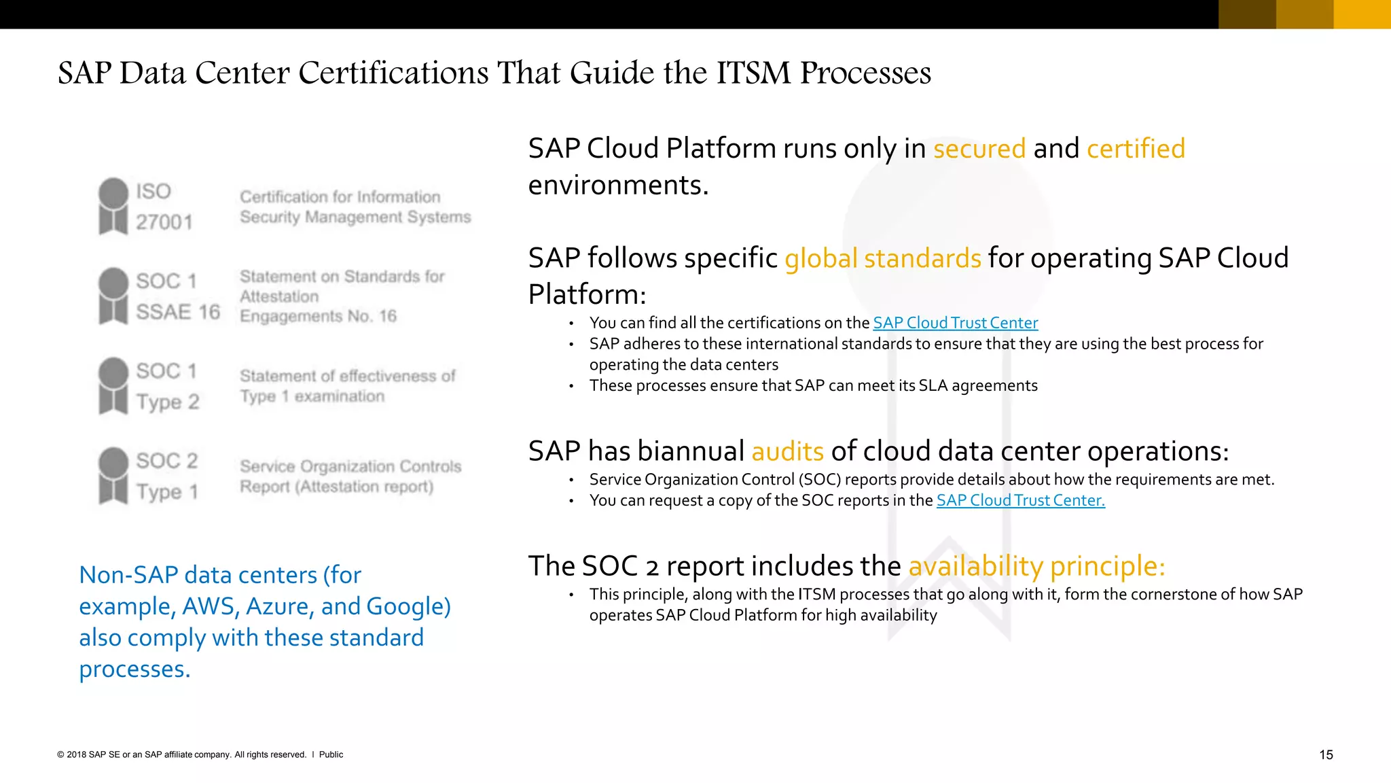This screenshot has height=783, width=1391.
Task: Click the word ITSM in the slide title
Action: click(753, 73)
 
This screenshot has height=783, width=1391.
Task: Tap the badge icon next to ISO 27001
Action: click(113, 206)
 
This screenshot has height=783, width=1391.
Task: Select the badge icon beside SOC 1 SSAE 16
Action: click(113, 296)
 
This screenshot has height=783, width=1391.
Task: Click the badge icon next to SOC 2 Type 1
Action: click(113, 475)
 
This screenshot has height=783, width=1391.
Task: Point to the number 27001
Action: click(164, 222)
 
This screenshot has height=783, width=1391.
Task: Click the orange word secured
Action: click(979, 149)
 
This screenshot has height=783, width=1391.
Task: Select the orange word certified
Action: click(1136, 149)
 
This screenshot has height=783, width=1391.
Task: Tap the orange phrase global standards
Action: click(882, 259)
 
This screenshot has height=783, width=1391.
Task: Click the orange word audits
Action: click(787, 452)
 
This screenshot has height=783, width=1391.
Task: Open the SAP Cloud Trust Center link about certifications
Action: click(955, 323)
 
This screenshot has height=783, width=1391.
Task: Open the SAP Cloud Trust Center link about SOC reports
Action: click(1020, 501)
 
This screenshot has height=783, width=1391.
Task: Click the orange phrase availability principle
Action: click(1036, 566)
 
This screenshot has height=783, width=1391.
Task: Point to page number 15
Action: click(1326, 754)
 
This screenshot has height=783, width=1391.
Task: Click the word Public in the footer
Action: click(331, 754)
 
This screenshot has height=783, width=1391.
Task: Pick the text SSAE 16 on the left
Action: click(178, 312)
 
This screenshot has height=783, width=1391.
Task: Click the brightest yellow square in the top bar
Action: click(1362, 14)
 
